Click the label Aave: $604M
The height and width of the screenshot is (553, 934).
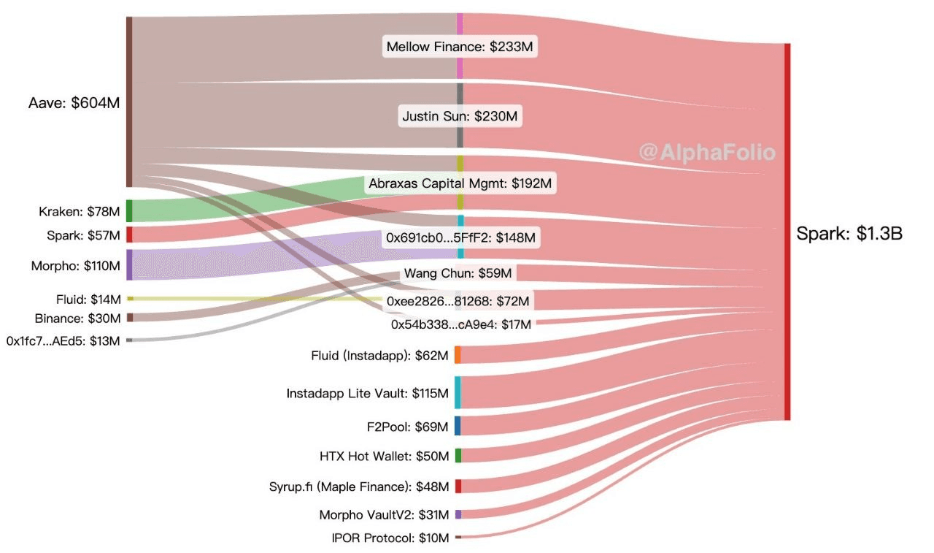(x=74, y=103)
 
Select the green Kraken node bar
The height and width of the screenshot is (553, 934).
(x=129, y=210)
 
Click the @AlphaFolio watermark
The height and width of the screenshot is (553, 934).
(x=707, y=152)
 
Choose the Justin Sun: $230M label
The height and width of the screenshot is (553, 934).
(x=460, y=115)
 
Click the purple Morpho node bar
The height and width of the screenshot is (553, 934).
(x=129, y=264)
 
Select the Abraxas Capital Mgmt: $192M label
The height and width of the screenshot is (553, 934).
(x=460, y=183)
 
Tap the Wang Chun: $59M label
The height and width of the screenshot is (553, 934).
(x=458, y=274)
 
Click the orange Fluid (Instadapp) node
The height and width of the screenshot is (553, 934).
(x=458, y=355)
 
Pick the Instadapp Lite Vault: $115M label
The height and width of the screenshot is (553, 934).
(x=368, y=394)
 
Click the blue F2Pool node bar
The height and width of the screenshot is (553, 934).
(x=458, y=425)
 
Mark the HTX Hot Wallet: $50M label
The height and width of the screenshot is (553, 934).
(x=385, y=457)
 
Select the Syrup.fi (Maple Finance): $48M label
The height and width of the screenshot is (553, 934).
(x=359, y=486)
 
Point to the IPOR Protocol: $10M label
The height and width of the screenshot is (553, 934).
(x=390, y=538)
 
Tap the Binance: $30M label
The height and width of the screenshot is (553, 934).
(x=77, y=319)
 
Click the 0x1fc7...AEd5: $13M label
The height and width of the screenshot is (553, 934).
(x=63, y=340)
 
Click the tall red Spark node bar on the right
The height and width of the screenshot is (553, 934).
(x=787, y=232)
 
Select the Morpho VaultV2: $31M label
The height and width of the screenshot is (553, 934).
(x=384, y=515)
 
